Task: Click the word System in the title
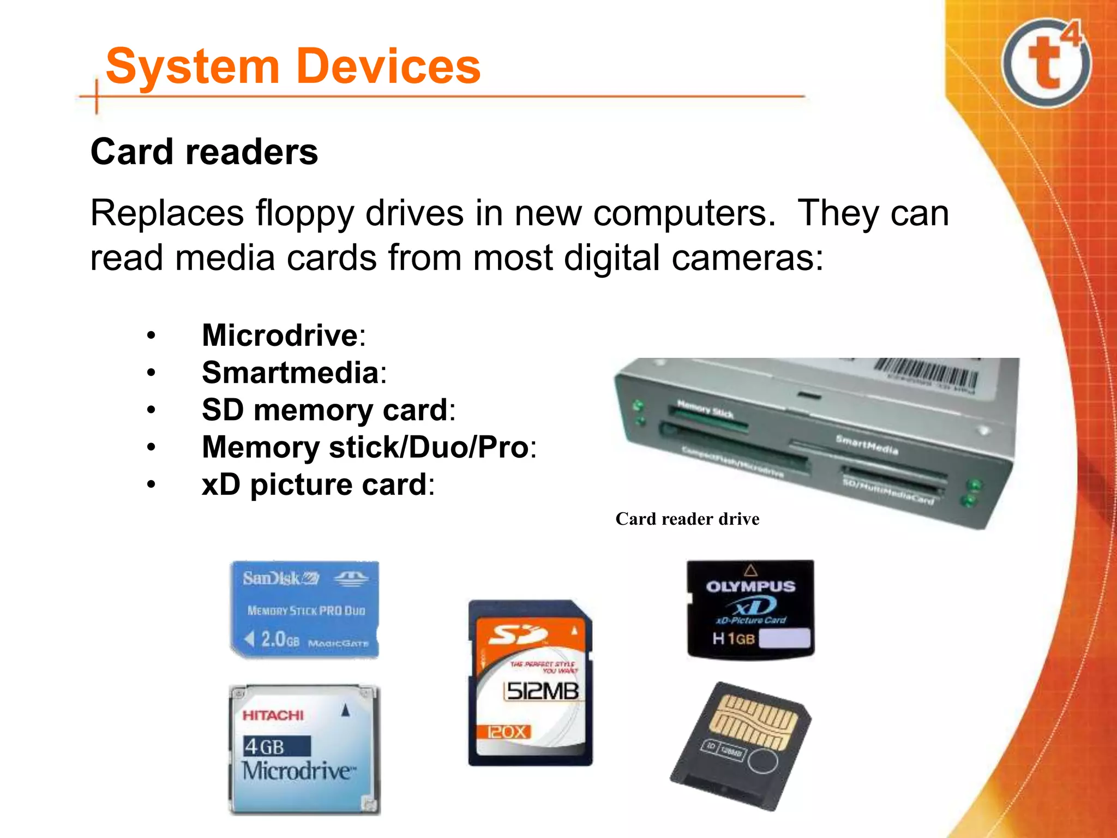pyautogui.click(x=193, y=67)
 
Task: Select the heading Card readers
pyautogui.click(x=204, y=152)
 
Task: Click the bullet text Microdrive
pyautogui.click(x=280, y=335)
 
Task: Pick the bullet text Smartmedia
pyautogui.click(x=290, y=373)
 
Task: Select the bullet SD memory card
pyautogui.click(x=325, y=410)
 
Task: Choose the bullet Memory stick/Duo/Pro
pyautogui.click(x=365, y=447)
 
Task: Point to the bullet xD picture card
pyautogui.click(x=314, y=484)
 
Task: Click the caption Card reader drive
pyautogui.click(x=687, y=519)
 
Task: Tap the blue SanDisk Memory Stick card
pyautogui.click(x=304, y=608)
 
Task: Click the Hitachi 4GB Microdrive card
pyautogui.click(x=304, y=750)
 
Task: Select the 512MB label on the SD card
pyautogui.click(x=542, y=691)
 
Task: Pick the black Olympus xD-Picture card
pyautogui.click(x=750, y=609)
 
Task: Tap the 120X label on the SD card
pyautogui.click(x=507, y=732)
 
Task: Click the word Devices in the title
pyautogui.click(x=389, y=67)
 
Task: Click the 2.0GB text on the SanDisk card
pyautogui.click(x=279, y=639)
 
